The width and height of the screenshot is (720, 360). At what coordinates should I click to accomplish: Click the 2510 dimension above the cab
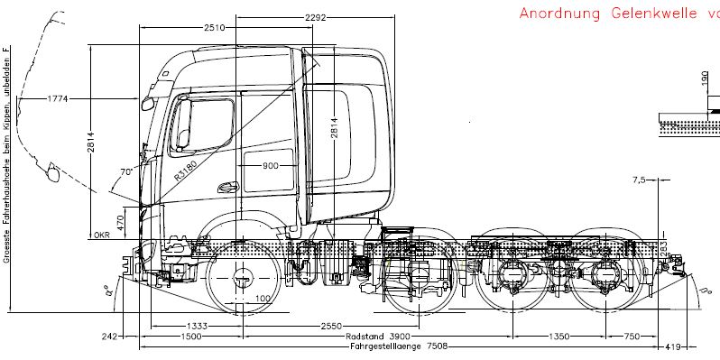pos(214,27)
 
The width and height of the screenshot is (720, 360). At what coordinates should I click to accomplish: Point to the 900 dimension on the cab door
pos(271,165)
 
